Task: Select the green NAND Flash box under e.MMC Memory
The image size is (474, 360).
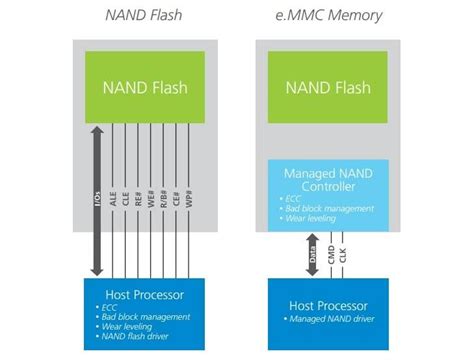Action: [x=330, y=86]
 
